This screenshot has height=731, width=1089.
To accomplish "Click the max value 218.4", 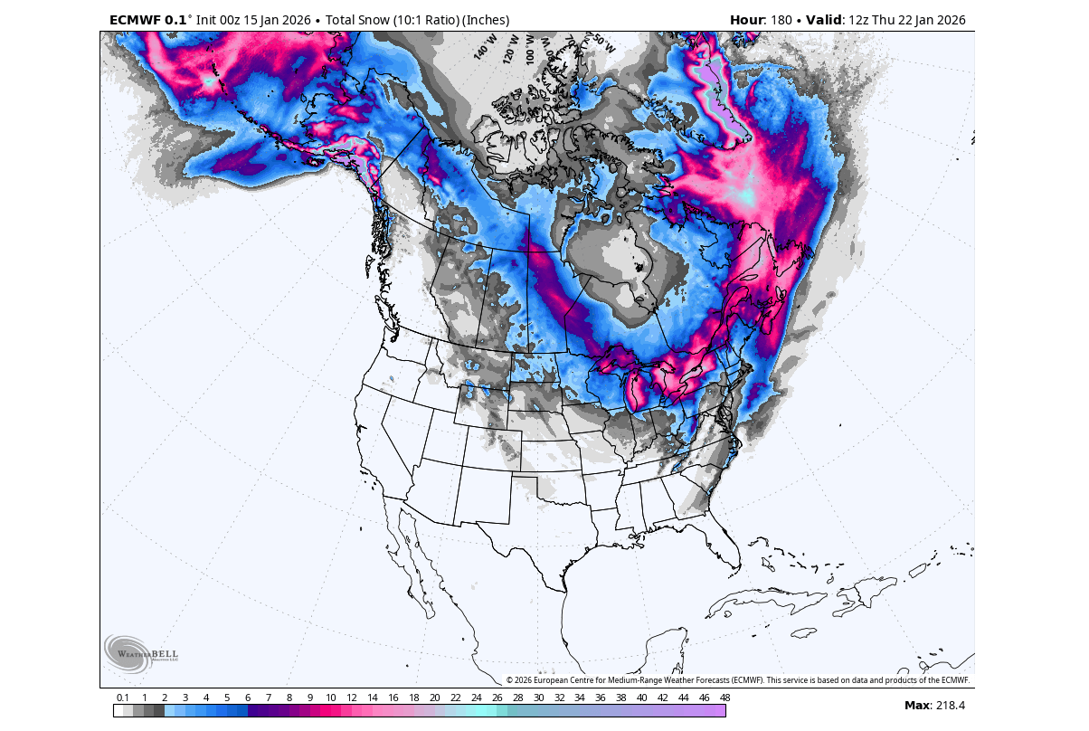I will click(x=949, y=706).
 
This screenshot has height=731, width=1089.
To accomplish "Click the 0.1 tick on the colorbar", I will click(x=122, y=698).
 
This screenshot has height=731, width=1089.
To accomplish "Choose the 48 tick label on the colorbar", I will click(x=724, y=698).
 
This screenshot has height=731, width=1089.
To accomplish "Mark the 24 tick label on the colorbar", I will click(x=476, y=698).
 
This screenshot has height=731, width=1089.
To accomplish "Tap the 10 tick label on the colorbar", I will click(x=331, y=698).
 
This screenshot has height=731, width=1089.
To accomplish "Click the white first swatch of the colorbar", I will click(x=118, y=711).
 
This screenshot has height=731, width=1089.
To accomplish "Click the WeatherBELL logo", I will click(x=141, y=653).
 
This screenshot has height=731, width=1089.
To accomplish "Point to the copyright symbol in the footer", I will click(x=509, y=680).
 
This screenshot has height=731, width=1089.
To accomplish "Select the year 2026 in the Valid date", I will click(x=949, y=20).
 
